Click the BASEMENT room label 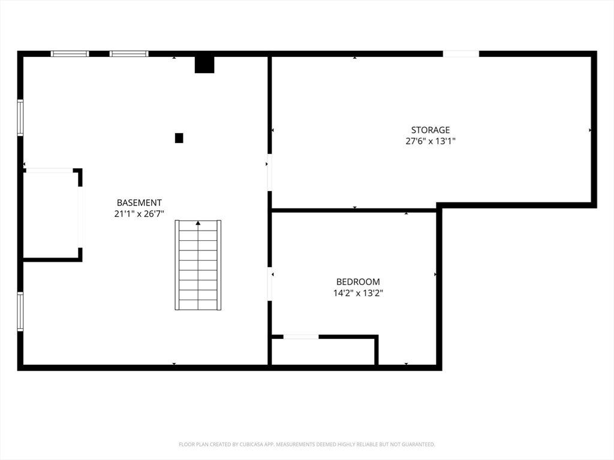click(139, 202)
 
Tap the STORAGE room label click(431, 130)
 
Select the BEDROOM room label click(358, 282)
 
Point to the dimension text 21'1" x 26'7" click(139, 214)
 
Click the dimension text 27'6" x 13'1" click(431, 141)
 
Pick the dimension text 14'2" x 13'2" click(358, 292)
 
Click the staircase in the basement click(198, 265)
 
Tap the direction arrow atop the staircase click(198, 223)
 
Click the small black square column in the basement click(179, 138)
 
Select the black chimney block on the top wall click(204, 65)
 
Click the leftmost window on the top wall click(70, 53)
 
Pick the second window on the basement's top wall click(129, 53)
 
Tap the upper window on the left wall click(20, 118)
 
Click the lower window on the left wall click(20, 311)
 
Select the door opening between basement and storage click(269, 172)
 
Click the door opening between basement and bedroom click(269, 284)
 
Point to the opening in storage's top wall click(461, 53)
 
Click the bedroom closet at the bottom click(323, 352)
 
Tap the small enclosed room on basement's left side click(51, 215)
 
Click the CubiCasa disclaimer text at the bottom click(307, 444)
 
